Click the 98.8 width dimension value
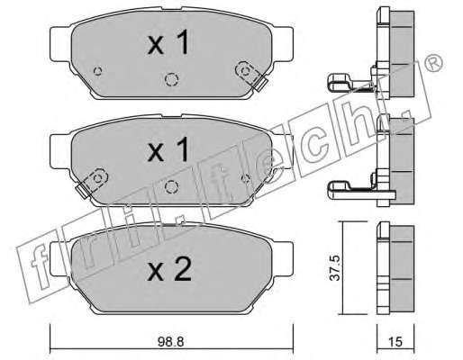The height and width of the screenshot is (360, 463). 170,342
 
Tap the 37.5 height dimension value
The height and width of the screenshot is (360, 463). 334,268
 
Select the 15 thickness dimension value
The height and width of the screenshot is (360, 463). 395,341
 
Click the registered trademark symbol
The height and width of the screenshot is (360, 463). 433,64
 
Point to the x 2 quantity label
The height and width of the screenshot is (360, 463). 169,269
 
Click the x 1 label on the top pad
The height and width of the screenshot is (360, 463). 168,42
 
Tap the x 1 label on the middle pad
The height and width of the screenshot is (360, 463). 168,149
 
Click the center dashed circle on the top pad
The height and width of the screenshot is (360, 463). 171,80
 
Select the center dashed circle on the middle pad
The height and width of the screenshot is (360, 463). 171,187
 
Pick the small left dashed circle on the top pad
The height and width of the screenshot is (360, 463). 97,71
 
